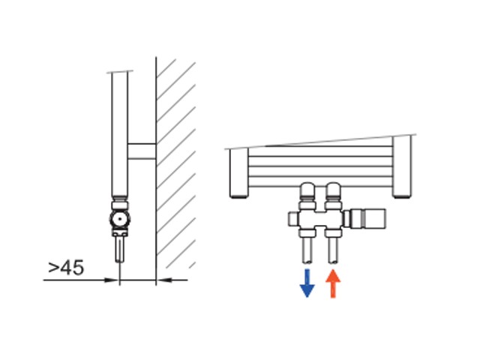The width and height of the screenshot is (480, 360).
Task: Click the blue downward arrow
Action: [x=307, y=283]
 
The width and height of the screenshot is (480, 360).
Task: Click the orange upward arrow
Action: [x=333, y=283]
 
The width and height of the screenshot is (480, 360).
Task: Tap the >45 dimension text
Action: [x=66, y=268]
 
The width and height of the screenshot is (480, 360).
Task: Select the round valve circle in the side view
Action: [x=120, y=219]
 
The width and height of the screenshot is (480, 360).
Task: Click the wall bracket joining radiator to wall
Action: [x=142, y=151]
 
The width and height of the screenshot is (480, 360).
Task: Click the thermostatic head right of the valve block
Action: [x=367, y=218]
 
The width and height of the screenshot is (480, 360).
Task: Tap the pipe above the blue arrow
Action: [x=307, y=250]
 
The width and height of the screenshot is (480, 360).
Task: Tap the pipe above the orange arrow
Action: [x=333, y=250]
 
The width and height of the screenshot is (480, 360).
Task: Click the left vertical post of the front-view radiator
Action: [x=238, y=173]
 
